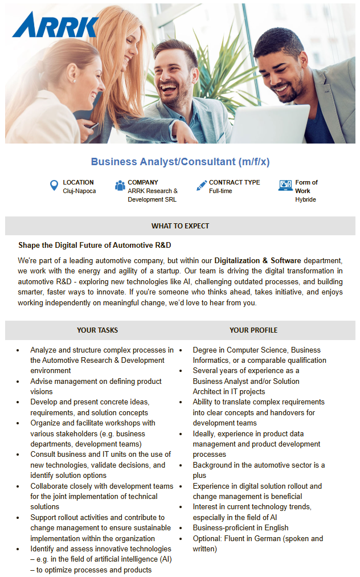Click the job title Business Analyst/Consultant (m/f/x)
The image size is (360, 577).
coord(180,162)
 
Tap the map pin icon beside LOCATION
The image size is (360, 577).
coord(54,186)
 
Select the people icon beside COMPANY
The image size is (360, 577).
coord(120,186)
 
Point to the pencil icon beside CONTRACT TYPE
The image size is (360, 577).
coord(201,186)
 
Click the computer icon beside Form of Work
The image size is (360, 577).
coord(285,186)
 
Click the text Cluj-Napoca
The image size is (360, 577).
coord(79,191)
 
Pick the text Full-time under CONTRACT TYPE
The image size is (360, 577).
coord(220,191)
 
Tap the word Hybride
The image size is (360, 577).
coord(305,200)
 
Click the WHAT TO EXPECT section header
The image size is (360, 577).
coord(180,226)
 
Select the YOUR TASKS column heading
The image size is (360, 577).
coord(97,330)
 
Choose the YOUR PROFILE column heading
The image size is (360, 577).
coord(253,330)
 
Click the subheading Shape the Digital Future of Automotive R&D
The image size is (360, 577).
coord(95,245)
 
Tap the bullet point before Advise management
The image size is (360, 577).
coord(18,382)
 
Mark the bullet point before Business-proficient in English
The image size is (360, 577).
coord(181,528)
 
